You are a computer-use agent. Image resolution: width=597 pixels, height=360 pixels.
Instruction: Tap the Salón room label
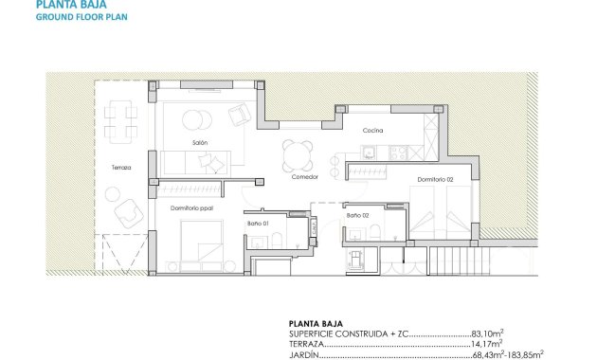click(200, 142)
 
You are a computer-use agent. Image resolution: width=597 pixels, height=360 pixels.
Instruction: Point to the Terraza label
click(121, 168)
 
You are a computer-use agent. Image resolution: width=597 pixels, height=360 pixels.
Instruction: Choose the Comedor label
click(304, 177)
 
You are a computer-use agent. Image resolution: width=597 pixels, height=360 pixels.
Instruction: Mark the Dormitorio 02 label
click(436, 179)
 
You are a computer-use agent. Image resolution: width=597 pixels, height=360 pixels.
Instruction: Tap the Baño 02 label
click(357, 216)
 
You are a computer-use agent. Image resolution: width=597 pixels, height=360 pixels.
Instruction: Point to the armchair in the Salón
click(241, 115)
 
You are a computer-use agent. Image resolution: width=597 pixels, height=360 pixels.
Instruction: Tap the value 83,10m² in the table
click(487, 334)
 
